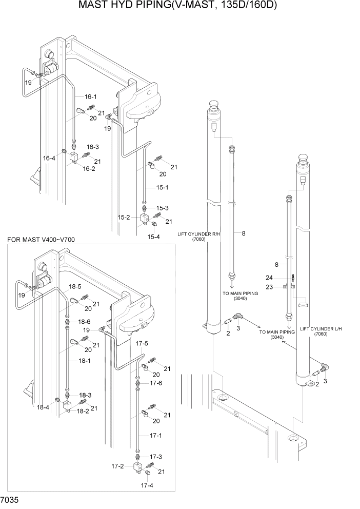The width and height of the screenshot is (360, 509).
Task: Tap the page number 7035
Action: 11,499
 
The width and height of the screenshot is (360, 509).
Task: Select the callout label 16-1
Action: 91,96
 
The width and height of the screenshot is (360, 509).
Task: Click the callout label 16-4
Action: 49,159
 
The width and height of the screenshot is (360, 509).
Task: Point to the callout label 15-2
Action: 124,218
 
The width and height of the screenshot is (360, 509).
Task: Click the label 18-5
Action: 76,286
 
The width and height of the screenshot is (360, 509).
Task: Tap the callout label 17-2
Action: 118,466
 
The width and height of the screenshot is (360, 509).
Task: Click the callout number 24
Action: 283,278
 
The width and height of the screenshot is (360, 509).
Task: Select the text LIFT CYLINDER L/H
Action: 319,328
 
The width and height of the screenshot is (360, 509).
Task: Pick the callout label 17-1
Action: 156,435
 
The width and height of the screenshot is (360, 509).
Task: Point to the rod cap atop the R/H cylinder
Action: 214,107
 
